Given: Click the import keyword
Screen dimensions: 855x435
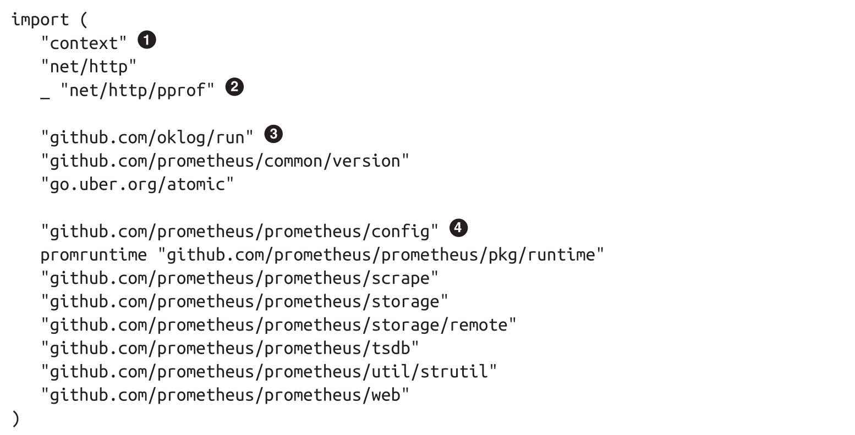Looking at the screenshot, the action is pos(40,20).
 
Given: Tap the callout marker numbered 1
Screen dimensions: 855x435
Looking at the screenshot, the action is pos(146,40).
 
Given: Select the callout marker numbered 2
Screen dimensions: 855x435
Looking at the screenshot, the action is pos(234,87).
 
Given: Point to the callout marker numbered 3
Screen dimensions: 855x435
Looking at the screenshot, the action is pos(273,134).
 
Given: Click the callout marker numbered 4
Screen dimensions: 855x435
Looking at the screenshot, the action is pos(458,228).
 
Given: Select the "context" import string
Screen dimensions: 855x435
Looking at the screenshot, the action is pos(84,43).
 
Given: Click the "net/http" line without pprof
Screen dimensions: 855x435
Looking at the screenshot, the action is pos(89,67).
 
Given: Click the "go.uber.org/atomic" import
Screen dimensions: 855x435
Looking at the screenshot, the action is pos(137,184).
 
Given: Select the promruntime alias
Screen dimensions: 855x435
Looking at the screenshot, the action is pos(94,255).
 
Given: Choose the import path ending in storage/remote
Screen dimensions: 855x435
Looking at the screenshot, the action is pos(278,325).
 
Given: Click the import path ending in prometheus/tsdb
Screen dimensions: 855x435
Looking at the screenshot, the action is pos(230,348).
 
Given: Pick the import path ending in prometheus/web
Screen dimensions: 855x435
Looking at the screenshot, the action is pos(225,395).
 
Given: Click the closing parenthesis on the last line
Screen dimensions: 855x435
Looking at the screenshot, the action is pos(15,419).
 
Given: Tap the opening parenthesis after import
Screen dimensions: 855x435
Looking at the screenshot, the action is pos(84,20).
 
